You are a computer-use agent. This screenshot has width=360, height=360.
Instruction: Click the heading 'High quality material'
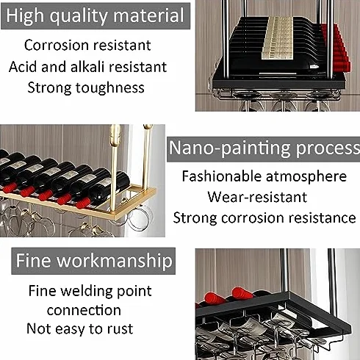(x=96, y=15)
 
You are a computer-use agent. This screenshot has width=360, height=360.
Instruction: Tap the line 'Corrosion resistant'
(x=87, y=46)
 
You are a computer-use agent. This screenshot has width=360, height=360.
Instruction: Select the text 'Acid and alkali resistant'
(x=87, y=67)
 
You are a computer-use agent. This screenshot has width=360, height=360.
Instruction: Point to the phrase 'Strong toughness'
(x=86, y=88)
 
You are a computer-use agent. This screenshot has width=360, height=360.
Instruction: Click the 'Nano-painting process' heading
(x=264, y=148)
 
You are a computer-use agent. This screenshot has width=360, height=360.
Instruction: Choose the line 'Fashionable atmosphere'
(x=264, y=176)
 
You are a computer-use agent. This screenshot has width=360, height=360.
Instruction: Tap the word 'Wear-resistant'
(x=257, y=197)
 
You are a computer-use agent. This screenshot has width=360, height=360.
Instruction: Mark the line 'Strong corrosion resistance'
(x=264, y=217)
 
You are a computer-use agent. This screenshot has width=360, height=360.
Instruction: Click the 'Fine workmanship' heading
(x=94, y=261)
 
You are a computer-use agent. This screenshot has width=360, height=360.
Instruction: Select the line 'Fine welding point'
(x=90, y=291)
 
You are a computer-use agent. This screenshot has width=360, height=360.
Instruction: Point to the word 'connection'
(x=84, y=310)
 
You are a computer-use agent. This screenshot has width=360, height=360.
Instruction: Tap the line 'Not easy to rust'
(x=80, y=328)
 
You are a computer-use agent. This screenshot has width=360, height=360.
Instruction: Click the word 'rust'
(x=120, y=329)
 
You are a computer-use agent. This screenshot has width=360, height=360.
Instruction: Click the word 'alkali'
(x=87, y=67)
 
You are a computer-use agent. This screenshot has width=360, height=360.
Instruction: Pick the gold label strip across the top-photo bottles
(x=278, y=38)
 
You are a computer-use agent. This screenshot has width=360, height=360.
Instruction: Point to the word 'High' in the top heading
(x=25, y=15)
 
